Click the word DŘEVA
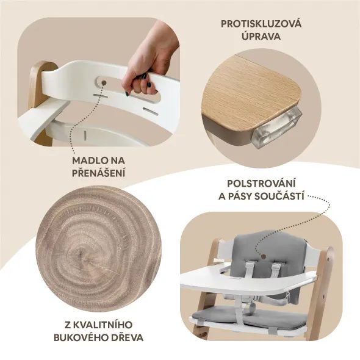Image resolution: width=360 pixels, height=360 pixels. coord(128,336)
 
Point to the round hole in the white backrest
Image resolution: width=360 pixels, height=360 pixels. coord(103,81)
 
